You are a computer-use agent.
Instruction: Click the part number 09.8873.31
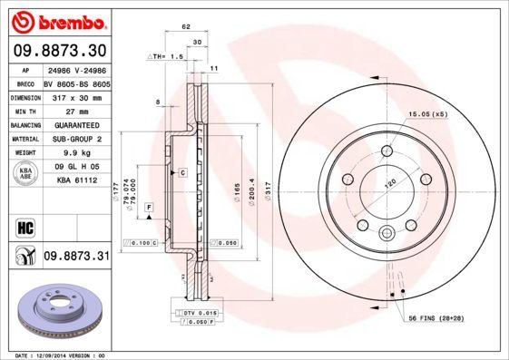tap(75, 258)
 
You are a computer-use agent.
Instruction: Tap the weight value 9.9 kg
tap(75, 153)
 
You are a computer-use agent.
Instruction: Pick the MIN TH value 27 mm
tap(75, 111)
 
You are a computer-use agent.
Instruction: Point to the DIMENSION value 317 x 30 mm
tap(75, 96)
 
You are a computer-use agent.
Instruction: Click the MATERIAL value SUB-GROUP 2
tap(75, 139)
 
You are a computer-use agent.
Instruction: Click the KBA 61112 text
tap(75, 181)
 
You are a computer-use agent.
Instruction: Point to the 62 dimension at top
tap(185, 28)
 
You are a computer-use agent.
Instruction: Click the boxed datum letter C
tap(182, 172)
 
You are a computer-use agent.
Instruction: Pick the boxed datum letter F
tap(148, 209)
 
